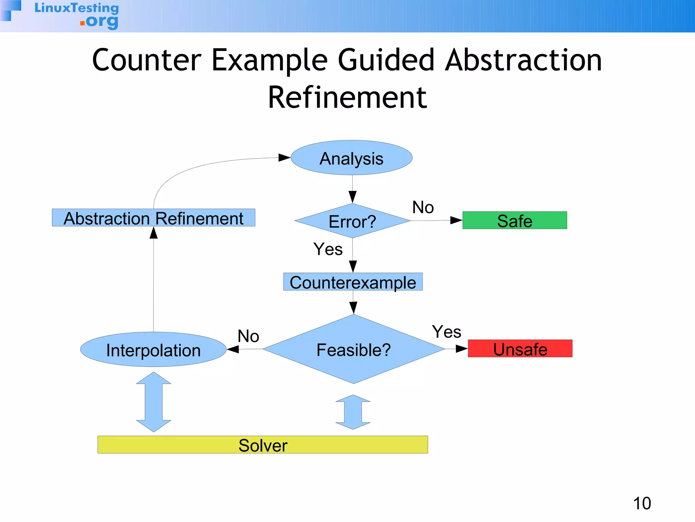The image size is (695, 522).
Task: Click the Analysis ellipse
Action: coord(352,158)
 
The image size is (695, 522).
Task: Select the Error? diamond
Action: coord(352,221)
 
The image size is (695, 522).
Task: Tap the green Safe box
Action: coord(514,220)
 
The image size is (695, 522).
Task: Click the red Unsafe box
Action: coord(520,348)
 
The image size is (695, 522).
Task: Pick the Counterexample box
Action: coord(353,282)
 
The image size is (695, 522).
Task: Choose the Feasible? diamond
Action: coord(353,349)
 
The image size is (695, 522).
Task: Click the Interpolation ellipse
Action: coord(153,349)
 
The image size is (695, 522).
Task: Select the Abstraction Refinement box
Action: coord(153,217)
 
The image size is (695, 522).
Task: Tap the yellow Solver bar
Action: coord(263,445)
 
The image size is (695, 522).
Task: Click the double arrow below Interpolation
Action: coord(153,402)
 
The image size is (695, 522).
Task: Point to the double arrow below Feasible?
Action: coord(353,412)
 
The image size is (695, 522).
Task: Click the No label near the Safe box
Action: coord(423,207)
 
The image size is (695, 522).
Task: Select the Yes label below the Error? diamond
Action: coord(328,249)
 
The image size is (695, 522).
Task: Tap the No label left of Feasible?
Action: coord(248,336)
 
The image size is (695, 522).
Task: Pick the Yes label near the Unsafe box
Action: coord(446,331)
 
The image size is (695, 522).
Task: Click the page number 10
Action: coord(642,503)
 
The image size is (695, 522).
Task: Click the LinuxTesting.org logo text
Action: coord(77,15)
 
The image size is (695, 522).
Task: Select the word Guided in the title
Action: coord(386,60)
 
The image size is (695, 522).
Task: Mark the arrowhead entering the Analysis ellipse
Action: coord(284,157)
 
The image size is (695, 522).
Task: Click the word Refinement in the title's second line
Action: coord(347,98)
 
